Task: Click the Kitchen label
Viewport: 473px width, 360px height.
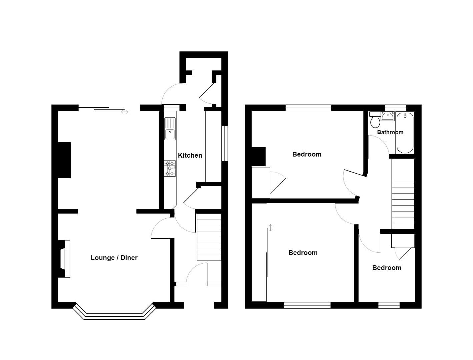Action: (190, 155)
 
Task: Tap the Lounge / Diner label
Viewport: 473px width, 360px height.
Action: (114, 258)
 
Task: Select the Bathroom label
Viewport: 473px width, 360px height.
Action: (390, 132)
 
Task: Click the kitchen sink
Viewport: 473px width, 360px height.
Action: (170, 129)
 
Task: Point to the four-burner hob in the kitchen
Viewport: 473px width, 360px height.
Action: (170, 168)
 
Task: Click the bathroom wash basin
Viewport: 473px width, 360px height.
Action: (388, 116)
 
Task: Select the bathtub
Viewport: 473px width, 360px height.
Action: (405, 133)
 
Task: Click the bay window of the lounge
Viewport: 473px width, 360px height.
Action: (114, 315)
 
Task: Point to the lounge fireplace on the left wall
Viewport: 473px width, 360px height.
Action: (65, 259)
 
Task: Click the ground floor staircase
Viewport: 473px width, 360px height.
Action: (209, 237)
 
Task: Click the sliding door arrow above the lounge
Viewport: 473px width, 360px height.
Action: (125, 112)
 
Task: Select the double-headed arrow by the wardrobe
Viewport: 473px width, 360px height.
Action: (271, 228)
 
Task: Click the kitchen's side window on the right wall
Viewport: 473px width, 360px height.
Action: (225, 143)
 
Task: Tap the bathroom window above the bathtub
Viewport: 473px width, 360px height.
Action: (396, 108)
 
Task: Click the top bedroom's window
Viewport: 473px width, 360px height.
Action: (308, 108)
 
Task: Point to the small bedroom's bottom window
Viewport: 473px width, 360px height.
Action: (389, 305)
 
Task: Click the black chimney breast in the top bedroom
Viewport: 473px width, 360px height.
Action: (258, 156)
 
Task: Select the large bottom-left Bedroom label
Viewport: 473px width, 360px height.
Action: (303, 253)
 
